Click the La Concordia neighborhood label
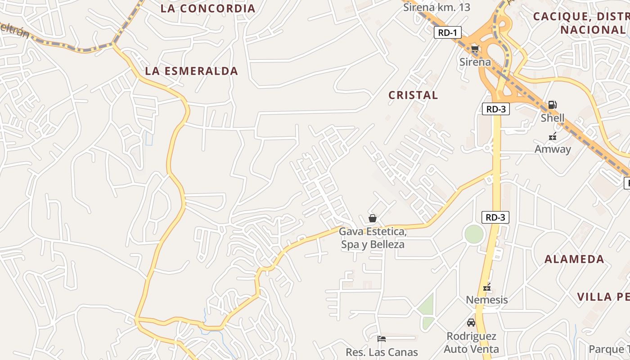coord(207,8)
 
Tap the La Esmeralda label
coord(191,71)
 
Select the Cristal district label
coord(413,95)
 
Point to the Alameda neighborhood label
coord(574,259)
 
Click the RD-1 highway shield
coord(448,32)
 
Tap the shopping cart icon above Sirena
coord(475,49)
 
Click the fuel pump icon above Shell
coord(552,105)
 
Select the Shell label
coord(552,118)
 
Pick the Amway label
coord(553,149)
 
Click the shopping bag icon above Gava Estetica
coord(373,219)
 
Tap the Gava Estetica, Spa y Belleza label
coord(373,238)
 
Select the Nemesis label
coord(487,300)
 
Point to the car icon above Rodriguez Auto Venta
coord(471,323)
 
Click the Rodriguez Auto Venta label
coord(471,342)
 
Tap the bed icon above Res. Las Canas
coord(382,339)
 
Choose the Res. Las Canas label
coord(382,352)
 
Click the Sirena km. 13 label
coord(436,7)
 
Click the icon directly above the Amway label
coord(553,137)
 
